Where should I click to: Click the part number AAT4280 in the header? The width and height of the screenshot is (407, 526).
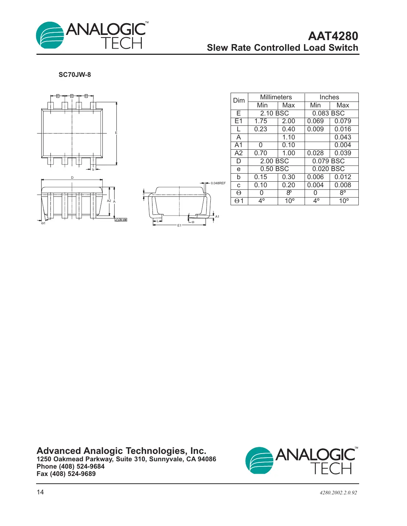[333, 36]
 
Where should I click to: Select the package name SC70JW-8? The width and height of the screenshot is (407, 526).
[75, 75]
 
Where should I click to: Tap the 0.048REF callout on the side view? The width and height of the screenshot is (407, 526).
[218, 183]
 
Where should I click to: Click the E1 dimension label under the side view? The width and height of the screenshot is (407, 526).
[179, 225]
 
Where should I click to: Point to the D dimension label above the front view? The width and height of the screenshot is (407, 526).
[72, 178]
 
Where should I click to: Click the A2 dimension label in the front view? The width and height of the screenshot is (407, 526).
[109, 201]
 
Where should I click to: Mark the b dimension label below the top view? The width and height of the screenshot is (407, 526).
[93, 170]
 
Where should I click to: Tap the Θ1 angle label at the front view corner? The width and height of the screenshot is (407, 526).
[43, 223]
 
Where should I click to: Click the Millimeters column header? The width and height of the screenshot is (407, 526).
[276, 97]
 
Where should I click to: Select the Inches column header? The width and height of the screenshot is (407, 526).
[329, 97]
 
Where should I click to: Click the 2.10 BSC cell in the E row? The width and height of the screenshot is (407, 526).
[274, 113]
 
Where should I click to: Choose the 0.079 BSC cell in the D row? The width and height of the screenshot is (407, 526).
[328, 161]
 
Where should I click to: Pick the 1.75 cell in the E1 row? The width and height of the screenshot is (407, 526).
[261, 121]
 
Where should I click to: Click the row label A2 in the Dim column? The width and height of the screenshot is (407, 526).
[239, 153]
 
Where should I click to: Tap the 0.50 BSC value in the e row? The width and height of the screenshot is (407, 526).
[274, 169]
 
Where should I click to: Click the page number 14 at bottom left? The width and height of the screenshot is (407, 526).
[40, 492]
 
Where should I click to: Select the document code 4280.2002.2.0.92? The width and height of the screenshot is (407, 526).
[338, 493]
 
